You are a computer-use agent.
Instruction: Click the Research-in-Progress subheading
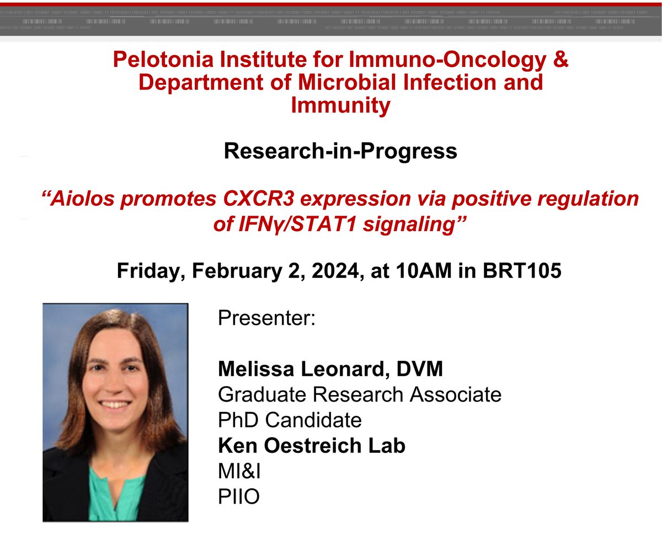[x=340, y=151]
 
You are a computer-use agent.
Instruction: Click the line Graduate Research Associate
[x=360, y=394]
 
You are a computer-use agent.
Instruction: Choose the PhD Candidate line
[x=290, y=420]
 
